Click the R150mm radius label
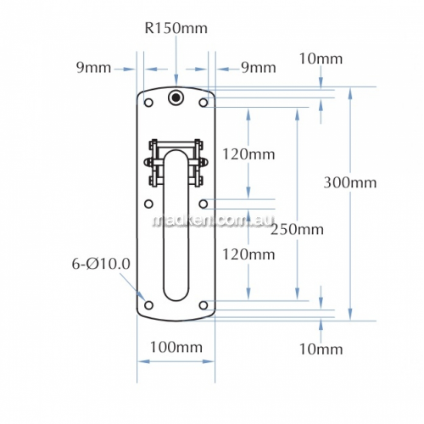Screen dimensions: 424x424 click(x=176, y=28)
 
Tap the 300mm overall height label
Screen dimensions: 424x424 click(x=350, y=182)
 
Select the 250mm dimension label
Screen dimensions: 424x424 click(x=297, y=229)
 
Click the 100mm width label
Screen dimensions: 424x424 click(x=176, y=347)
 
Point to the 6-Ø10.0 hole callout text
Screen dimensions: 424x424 click(x=101, y=264)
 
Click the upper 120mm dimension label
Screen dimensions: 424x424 click(x=248, y=154)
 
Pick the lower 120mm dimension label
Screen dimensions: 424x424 click(x=248, y=254)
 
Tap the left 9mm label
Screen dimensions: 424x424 click(x=93, y=68)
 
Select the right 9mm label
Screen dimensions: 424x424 click(x=259, y=68)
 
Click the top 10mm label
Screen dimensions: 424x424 click(x=321, y=59)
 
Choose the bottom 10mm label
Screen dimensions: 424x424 click(x=321, y=349)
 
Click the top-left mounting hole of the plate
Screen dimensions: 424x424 click(x=148, y=103)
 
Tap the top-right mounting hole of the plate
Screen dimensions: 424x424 click(x=204, y=103)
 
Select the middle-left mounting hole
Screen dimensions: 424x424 click(x=148, y=204)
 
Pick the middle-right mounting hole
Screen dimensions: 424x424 click(x=204, y=204)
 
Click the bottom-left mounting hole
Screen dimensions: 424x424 click(x=148, y=305)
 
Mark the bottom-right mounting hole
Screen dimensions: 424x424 click(x=204, y=305)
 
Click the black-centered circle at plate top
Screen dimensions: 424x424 click(x=176, y=98)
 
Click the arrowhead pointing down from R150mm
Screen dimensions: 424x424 click(x=176, y=80)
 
